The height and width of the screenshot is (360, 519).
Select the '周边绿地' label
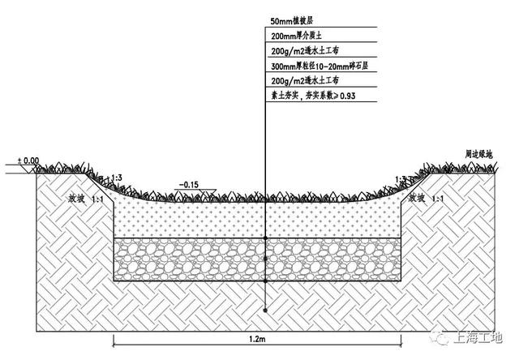(478, 152)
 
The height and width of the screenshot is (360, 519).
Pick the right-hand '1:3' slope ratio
(401, 178)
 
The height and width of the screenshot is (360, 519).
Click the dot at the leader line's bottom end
(266, 311)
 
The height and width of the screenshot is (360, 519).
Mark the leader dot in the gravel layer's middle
(266, 259)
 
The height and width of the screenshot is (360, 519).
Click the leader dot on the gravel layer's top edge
(266, 238)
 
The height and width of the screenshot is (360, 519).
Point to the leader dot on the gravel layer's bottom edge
(266, 281)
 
